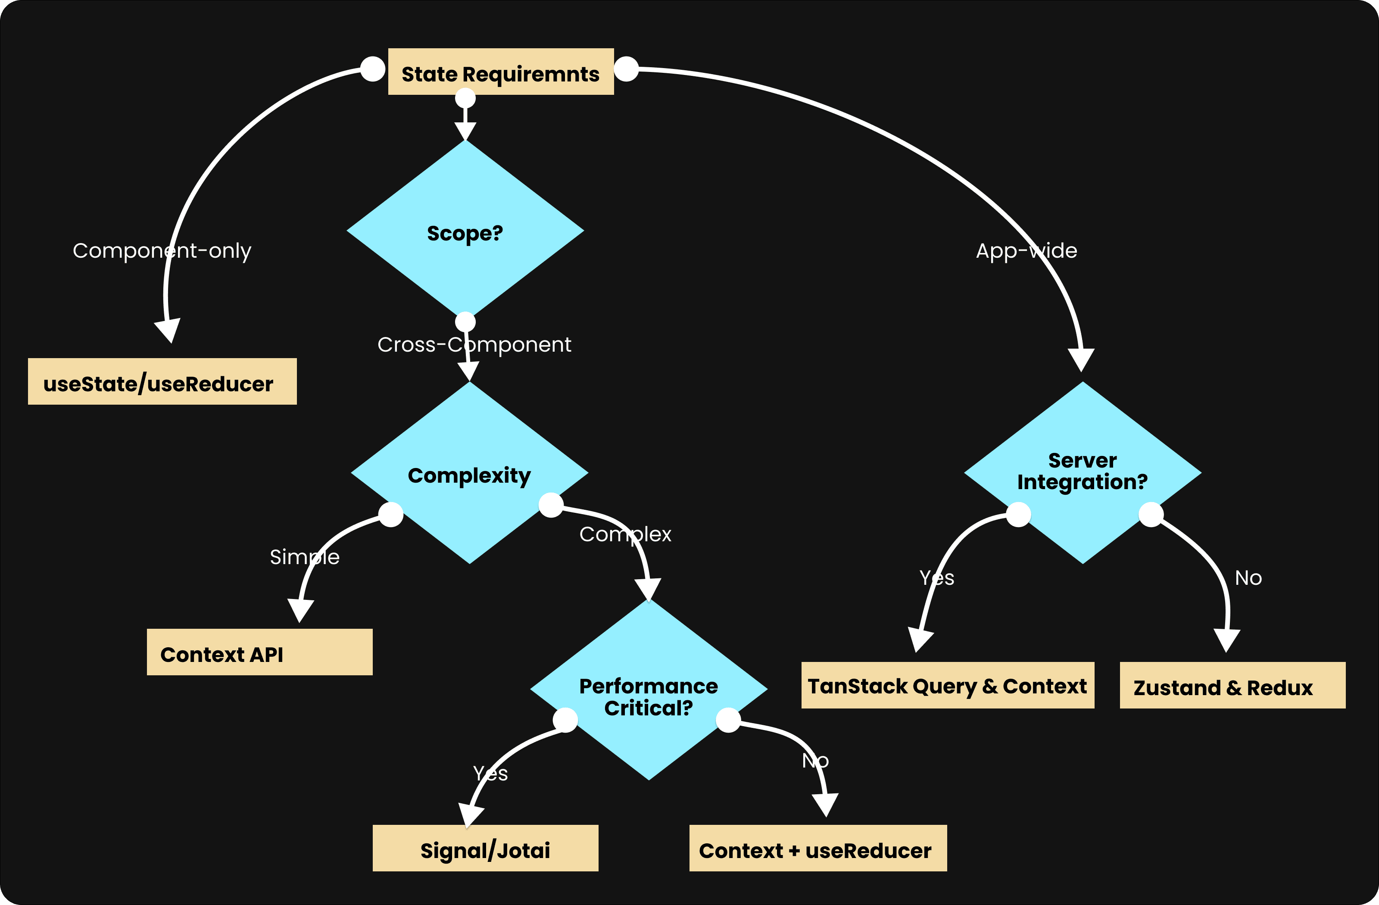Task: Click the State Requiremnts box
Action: click(501, 72)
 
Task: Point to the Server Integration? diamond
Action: click(1083, 472)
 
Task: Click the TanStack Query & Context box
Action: click(947, 685)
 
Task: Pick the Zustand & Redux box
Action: click(1232, 685)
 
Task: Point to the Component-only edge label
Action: click(162, 251)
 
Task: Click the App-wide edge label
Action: click(1026, 251)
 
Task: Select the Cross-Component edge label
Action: click(474, 345)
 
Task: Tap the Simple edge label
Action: click(305, 557)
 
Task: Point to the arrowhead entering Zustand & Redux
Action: click(1226, 640)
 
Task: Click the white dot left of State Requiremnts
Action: click(373, 69)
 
